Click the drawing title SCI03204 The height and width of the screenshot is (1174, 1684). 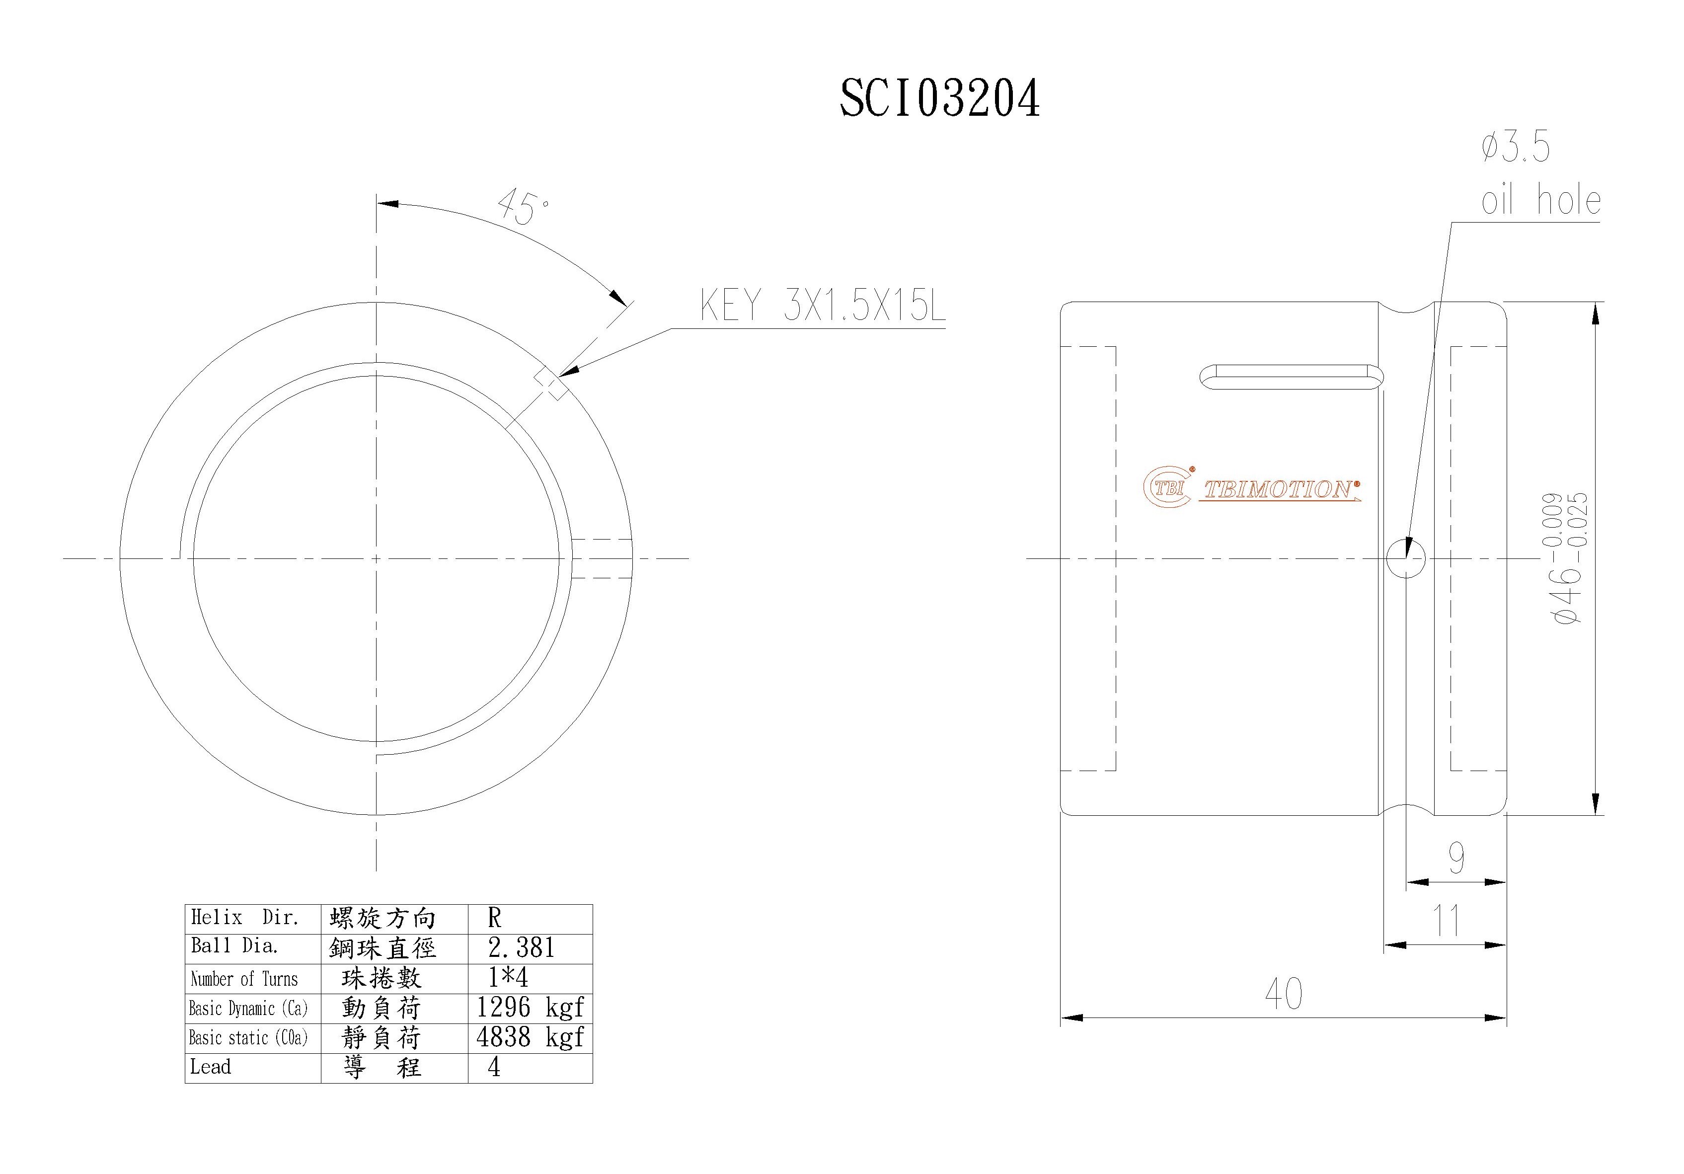point(939,98)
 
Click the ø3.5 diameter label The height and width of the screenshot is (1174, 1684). point(1515,148)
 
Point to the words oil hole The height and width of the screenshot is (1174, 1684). point(1540,200)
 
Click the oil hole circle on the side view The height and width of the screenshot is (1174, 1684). point(1405,559)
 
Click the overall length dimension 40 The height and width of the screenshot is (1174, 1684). point(1284,994)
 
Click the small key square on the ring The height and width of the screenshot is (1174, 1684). point(550,383)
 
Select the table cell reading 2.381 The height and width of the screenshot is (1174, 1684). point(522,948)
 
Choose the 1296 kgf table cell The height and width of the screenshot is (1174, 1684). point(530,1008)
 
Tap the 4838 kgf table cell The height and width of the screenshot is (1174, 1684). point(530,1037)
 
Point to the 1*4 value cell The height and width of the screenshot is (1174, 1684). point(508,977)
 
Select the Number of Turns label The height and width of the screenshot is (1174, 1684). point(244,979)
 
